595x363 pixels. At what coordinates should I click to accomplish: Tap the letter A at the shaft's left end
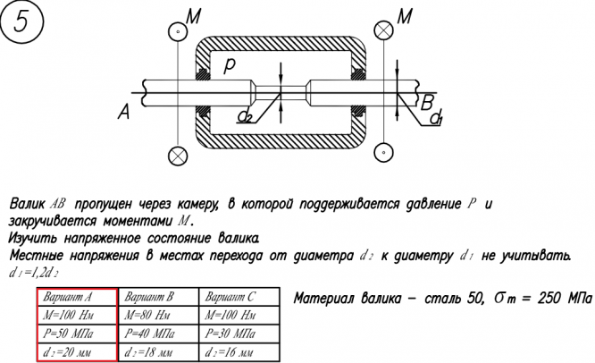pyautogui.click(x=124, y=111)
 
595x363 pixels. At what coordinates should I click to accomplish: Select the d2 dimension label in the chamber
pyautogui.click(x=244, y=116)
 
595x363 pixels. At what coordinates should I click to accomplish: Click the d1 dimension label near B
pyautogui.click(x=436, y=119)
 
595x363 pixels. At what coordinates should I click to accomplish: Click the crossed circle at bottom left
pyautogui.click(x=178, y=154)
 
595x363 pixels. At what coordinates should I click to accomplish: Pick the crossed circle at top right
pyautogui.click(x=383, y=30)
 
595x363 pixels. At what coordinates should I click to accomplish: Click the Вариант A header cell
pyautogui.click(x=76, y=297)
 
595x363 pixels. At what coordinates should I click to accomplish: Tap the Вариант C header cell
pyautogui.click(x=230, y=297)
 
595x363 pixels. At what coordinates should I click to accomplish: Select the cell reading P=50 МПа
pyautogui.click(x=76, y=333)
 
